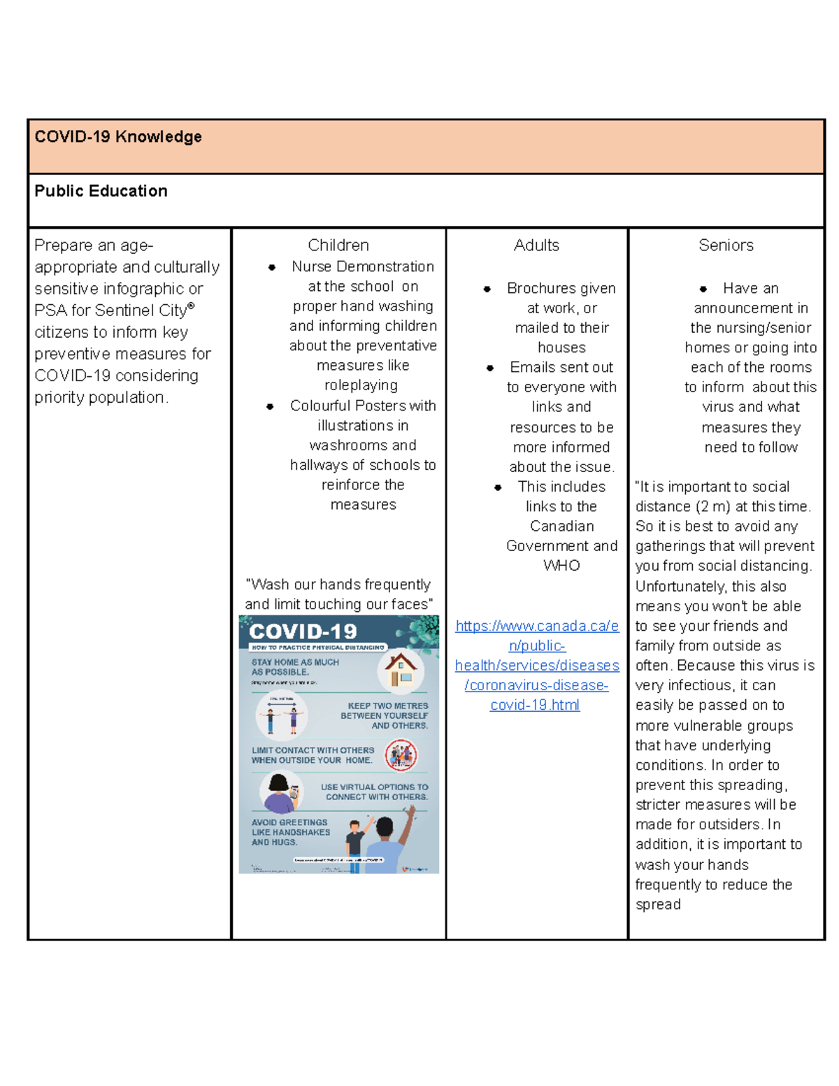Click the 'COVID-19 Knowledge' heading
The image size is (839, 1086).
118,136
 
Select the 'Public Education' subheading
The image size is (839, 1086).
101,191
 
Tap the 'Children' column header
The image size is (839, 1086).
338,245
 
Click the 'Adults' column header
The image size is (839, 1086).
536,245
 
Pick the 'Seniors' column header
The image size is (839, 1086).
726,245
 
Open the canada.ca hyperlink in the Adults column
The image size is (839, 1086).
536,665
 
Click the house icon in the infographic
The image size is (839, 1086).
401,670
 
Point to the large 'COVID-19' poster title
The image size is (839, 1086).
303,631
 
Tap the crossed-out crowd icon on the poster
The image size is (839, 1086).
401,755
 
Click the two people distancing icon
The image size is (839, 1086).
281,715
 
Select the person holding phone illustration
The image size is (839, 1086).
282,792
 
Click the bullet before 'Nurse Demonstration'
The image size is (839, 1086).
272,267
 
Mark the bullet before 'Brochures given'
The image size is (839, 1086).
487,289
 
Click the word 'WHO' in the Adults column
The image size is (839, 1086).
561,565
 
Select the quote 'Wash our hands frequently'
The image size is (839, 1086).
339,585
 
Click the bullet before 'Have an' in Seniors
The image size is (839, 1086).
703,289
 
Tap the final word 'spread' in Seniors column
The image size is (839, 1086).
657,904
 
